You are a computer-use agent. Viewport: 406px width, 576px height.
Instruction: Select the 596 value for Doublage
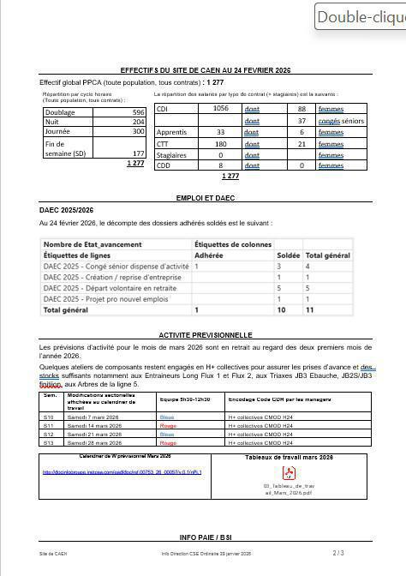point(137,112)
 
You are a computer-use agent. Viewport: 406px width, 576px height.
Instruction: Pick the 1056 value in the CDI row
point(219,109)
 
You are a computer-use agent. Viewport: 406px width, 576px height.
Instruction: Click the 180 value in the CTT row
point(220,144)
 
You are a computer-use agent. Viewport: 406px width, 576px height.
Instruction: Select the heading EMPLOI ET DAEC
point(206,198)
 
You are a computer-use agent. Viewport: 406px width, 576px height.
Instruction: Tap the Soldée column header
point(289,255)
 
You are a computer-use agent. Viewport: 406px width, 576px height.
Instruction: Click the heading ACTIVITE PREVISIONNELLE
point(206,334)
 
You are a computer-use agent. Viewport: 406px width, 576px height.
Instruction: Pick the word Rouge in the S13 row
point(168,443)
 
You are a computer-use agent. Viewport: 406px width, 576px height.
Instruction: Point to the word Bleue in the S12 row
point(167,435)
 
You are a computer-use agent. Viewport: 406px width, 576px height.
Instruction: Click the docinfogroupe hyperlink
point(122,471)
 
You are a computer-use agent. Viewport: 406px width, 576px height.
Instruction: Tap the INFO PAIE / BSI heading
point(205,537)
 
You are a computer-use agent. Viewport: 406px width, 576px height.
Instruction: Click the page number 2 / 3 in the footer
point(338,554)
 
